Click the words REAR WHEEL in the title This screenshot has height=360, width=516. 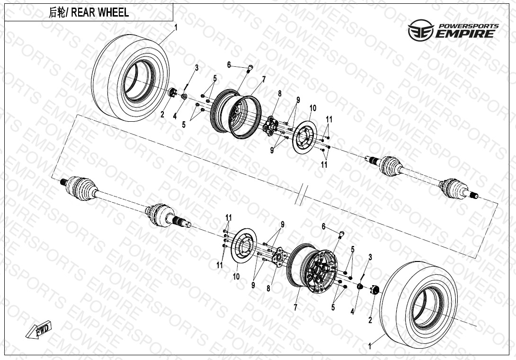(100, 13)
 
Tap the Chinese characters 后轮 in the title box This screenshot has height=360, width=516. (57, 13)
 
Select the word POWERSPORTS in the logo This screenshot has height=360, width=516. (468, 26)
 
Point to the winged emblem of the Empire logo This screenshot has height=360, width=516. (418, 29)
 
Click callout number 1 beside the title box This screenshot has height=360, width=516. (176, 27)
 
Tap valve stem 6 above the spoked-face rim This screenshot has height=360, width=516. (341, 233)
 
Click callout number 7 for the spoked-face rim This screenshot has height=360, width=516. (296, 307)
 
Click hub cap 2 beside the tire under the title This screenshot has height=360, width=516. (173, 92)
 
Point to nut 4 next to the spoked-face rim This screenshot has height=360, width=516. (359, 287)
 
